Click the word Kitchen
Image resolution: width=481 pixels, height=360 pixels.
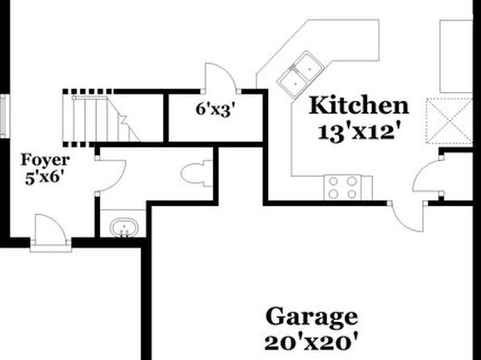(x=358, y=106)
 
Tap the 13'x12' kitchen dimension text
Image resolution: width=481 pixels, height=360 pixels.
(x=359, y=133)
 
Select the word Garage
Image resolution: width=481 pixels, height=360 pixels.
(x=312, y=317)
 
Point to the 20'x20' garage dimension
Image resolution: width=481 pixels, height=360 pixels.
(x=312, y=342)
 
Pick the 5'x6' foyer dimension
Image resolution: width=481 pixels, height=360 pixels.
(x=42, y=178)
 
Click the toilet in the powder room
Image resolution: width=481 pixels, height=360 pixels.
(x=197, y=174)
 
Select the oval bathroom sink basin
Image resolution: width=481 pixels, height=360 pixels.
(x=124, y=228)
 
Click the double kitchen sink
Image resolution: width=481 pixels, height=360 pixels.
(x=300, y=75)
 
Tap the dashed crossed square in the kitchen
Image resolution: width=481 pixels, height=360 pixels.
(x=449, y=121)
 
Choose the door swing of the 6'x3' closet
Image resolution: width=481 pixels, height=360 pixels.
(x=221, y=77)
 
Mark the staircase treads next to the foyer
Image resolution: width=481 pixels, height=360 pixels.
(x=101, y=119)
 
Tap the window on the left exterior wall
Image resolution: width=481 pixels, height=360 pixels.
(x=3, y=115)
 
